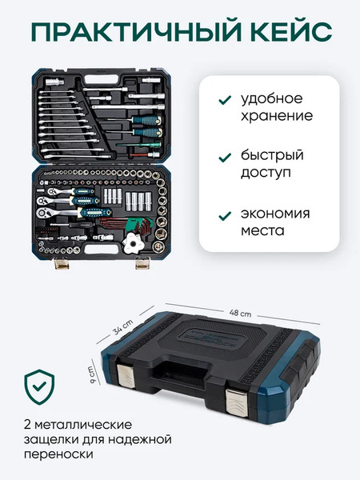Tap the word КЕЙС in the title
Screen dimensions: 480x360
[280, 32]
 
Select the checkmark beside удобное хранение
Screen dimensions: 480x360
[224, 100]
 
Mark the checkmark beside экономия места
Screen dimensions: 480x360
[224, 214]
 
